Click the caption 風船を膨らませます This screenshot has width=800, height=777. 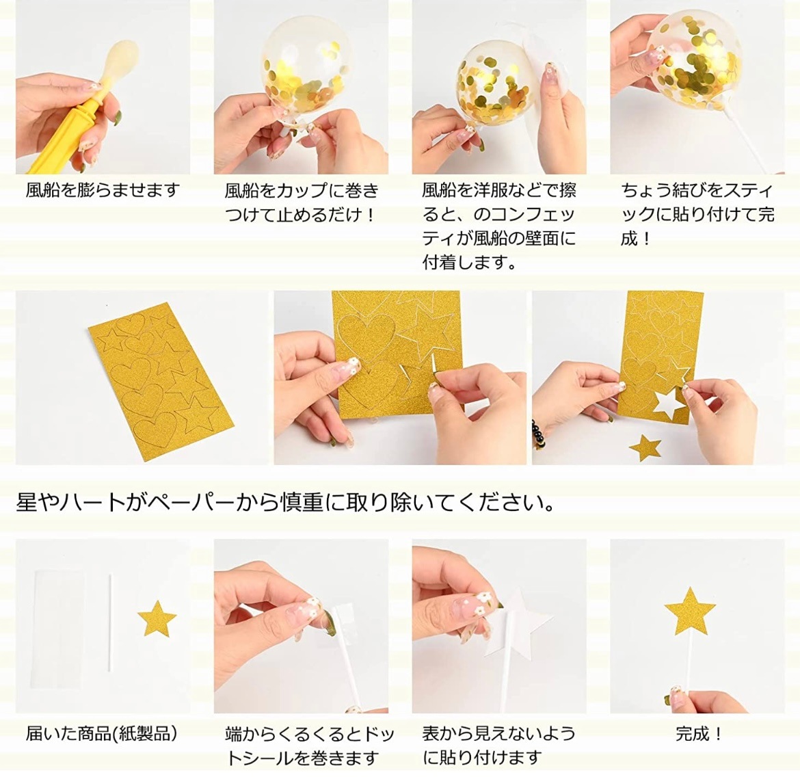click(x=103, y=190)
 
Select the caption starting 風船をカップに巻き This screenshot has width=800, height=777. click(x=302, y=202)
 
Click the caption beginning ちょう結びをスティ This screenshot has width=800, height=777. click(x=697, y=214)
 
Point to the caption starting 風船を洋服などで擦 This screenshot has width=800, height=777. click(x=499, y=226)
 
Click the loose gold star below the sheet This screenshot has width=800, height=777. click(x=645, y=448)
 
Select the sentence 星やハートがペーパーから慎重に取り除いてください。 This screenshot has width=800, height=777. click(x=286, y=503)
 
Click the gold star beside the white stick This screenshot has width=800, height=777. click(x=157, y=618)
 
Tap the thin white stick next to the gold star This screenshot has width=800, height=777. click(x=109, y=625)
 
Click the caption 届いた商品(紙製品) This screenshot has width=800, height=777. click(x=102, y=734)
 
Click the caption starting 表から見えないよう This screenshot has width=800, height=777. click(x=499, y=746)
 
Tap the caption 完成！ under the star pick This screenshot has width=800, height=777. click(x=699, y=735)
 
